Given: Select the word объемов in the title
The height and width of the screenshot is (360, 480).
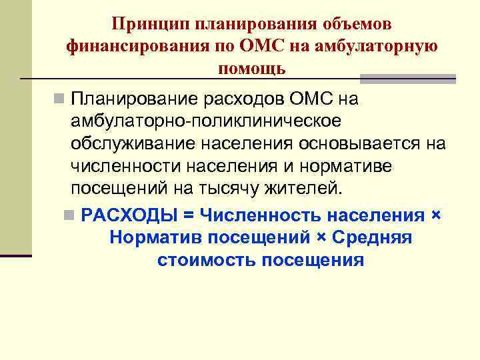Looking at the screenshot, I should tap(359, 24).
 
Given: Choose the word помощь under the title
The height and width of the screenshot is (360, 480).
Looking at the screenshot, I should tap(251, 68).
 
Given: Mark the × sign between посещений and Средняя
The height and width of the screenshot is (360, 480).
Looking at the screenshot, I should tap(323, 238).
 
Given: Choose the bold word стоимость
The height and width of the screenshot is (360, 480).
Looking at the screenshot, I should tap(207, 260).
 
